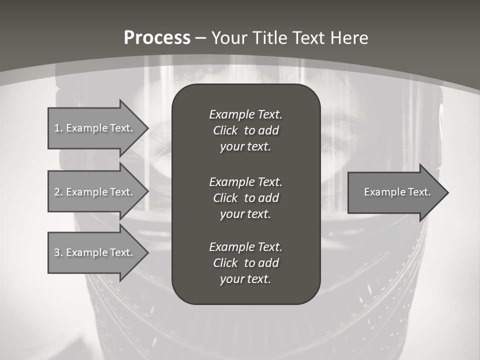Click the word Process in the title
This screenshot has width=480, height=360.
click(x=157, y=38)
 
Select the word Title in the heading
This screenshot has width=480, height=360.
click(x=269, y=38)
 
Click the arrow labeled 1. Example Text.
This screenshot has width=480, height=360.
click(x=93, y=128)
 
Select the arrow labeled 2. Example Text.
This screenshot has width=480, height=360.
click(x=93, y=192)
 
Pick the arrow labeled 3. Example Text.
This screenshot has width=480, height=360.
click(x=93, y=252)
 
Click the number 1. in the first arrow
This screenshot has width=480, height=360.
click(x=58, y=128)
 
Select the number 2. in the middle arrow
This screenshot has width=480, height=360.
click(x=58, y=192)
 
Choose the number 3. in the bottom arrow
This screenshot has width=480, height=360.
click(x=58, y=252)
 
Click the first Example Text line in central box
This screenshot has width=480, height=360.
click(x=245, y=114)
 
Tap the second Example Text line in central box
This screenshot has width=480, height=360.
click(x=245, y=181)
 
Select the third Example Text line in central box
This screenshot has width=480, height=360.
click(x=245, y=247)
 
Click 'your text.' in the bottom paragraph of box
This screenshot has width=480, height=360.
click(x=245, y=279)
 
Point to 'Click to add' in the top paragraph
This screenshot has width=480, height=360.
click(x=245, y=130)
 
